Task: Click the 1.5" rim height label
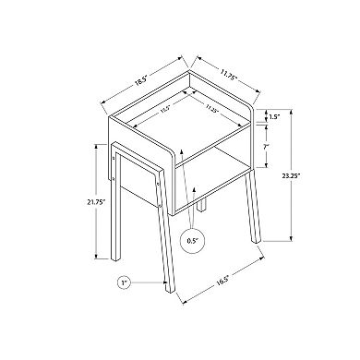click(x=274, y=118)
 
